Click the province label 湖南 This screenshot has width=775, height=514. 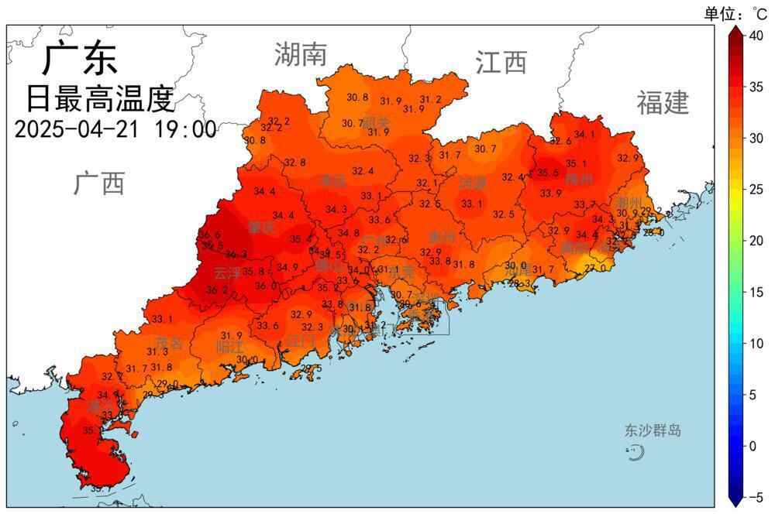coord(300,55)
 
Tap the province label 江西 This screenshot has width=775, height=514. coord(501,62)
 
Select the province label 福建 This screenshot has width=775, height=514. coord(663,102)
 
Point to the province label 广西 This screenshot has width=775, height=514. coord(99,184)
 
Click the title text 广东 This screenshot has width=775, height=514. coord(80,59)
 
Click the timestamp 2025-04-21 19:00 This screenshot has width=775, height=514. coord(115,129)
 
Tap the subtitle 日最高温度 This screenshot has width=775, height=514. coord(100,98)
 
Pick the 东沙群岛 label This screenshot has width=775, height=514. coord(653,431)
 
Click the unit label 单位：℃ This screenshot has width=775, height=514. coord(735,13)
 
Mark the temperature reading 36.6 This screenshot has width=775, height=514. coord(209,235)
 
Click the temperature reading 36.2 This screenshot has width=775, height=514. coord(217,291)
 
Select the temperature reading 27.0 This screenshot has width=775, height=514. coord(595,269)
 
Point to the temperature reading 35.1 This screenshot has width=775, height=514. coord(576,164)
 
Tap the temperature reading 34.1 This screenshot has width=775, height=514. coord(584,135)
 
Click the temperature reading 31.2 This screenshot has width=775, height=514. coord(431,100)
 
